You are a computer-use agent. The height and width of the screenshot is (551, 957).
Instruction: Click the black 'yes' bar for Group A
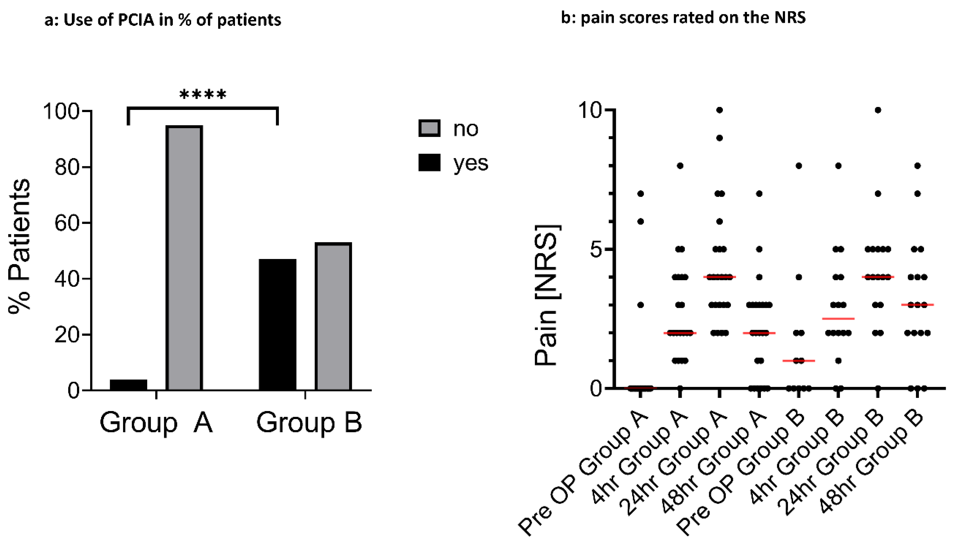pyautogui.click(x=128, y=384)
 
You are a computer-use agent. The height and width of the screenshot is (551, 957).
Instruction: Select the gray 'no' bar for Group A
pyautogui.click(x=184, y=258)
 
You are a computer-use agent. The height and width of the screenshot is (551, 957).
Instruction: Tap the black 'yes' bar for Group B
pyautogui.click(x=278, y=324)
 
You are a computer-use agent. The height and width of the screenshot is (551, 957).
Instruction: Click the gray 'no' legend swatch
pyautogui.click(x=429, y=128)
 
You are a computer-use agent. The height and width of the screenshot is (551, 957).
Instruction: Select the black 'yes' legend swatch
pyautogui.click(x=429, y=162)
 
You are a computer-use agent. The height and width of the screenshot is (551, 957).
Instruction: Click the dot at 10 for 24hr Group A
pyautogui.click(x=720, y=110)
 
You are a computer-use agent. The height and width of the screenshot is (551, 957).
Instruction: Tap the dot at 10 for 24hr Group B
pyautogui.click(x=878, y=110)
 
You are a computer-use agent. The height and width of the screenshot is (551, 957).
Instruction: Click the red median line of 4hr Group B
pyautogui.click(x=838, y=319)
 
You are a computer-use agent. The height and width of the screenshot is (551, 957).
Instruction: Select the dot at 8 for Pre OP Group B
pyautogui.click(x=799, y=166)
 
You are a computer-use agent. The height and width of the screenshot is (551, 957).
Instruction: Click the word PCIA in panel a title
pyautogui.click(x=136, y=20)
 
